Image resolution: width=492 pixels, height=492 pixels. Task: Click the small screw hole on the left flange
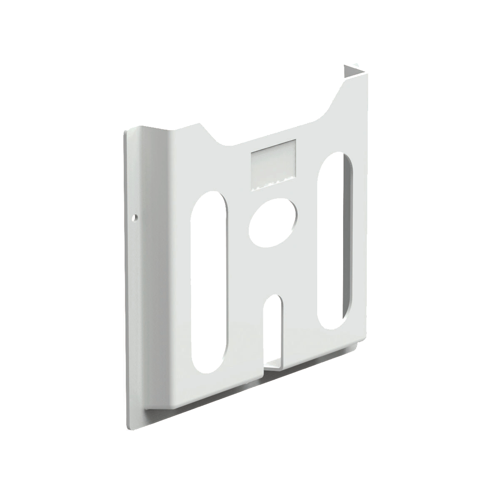tap(134, 218)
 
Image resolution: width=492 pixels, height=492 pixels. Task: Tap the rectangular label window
tap(273, 165)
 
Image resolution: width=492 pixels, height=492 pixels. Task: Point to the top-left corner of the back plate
tap(125, 132)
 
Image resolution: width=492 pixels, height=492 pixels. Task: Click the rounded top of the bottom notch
tap(275, 298)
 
